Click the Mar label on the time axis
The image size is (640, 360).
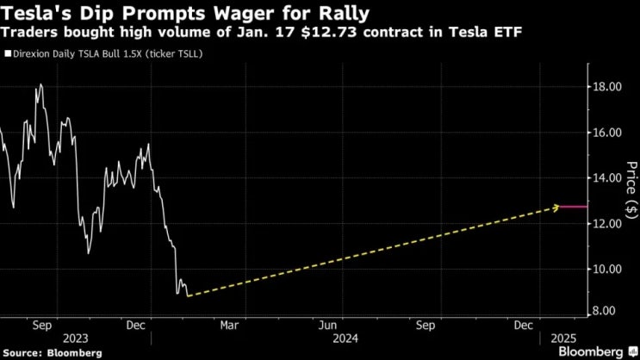229,326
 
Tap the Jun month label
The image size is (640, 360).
328,326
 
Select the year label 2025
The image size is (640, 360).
563,338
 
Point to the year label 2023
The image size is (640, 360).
76,338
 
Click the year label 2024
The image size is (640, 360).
345,338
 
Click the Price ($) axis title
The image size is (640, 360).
631,189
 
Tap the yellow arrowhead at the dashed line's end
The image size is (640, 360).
556,208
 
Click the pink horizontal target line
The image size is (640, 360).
574,207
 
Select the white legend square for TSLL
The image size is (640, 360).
8,54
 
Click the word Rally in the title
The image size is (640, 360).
344,14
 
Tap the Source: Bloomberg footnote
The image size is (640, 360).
53,353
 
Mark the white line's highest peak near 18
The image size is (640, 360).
40,84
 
